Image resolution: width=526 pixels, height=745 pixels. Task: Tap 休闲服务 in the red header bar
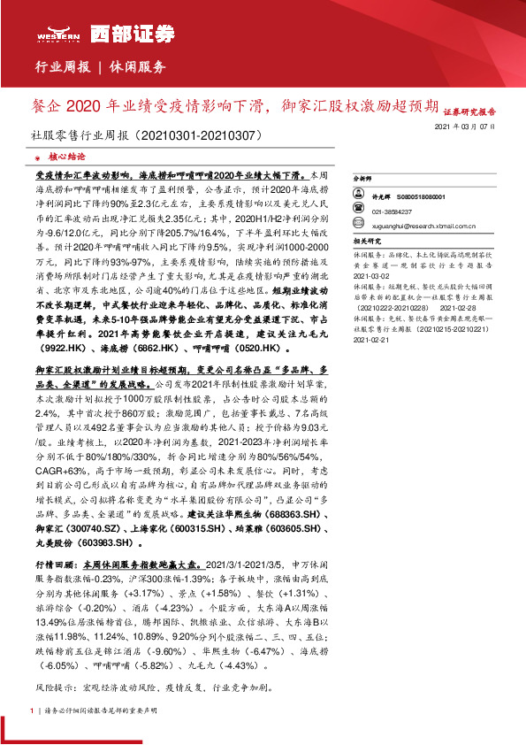138,67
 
